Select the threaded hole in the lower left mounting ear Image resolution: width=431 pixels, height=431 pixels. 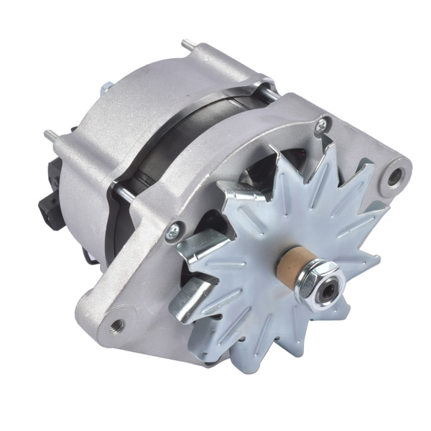[x=117, y=325]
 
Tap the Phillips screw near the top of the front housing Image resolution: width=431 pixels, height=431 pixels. [x=321, y=125]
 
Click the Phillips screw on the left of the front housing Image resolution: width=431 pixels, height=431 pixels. [x=172, y=231]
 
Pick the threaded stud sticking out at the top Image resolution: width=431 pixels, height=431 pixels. [x=188, y=45]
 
